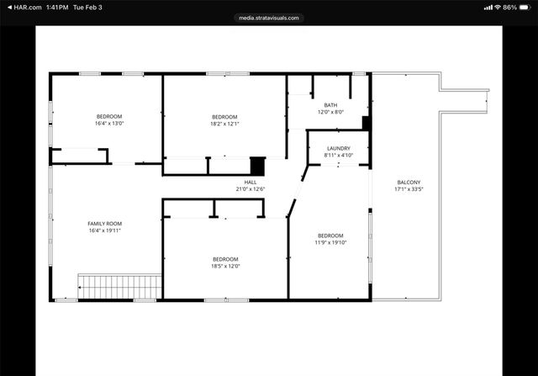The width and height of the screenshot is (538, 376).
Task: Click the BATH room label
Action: [331, 105]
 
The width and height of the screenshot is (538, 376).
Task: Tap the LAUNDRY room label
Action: [338, 148]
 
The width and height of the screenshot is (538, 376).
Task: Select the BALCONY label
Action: [409, 183]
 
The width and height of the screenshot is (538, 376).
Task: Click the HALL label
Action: [251, 182]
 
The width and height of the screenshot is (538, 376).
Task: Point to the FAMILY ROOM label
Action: [105, 223]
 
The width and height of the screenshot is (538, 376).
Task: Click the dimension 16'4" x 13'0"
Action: [108, 124]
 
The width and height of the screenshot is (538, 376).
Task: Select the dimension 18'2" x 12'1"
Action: [224, 124]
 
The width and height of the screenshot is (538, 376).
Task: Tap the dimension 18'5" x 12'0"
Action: [224, 267]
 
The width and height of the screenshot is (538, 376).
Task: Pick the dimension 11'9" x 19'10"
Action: [330, 242]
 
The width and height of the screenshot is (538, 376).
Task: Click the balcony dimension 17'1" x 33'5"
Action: [409, 189]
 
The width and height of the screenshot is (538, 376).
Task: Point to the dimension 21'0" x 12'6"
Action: [251, 189]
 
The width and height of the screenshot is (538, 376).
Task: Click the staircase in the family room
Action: [119, 285]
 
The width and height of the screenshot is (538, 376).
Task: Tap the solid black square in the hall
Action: [257, 166]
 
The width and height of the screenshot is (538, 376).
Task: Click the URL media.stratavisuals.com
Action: [269, 17]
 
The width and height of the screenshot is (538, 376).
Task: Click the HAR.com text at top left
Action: [23, 7]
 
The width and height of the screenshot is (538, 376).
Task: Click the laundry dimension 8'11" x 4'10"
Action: [338, 156]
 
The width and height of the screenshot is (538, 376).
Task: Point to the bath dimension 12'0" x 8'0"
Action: [331, 112]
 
